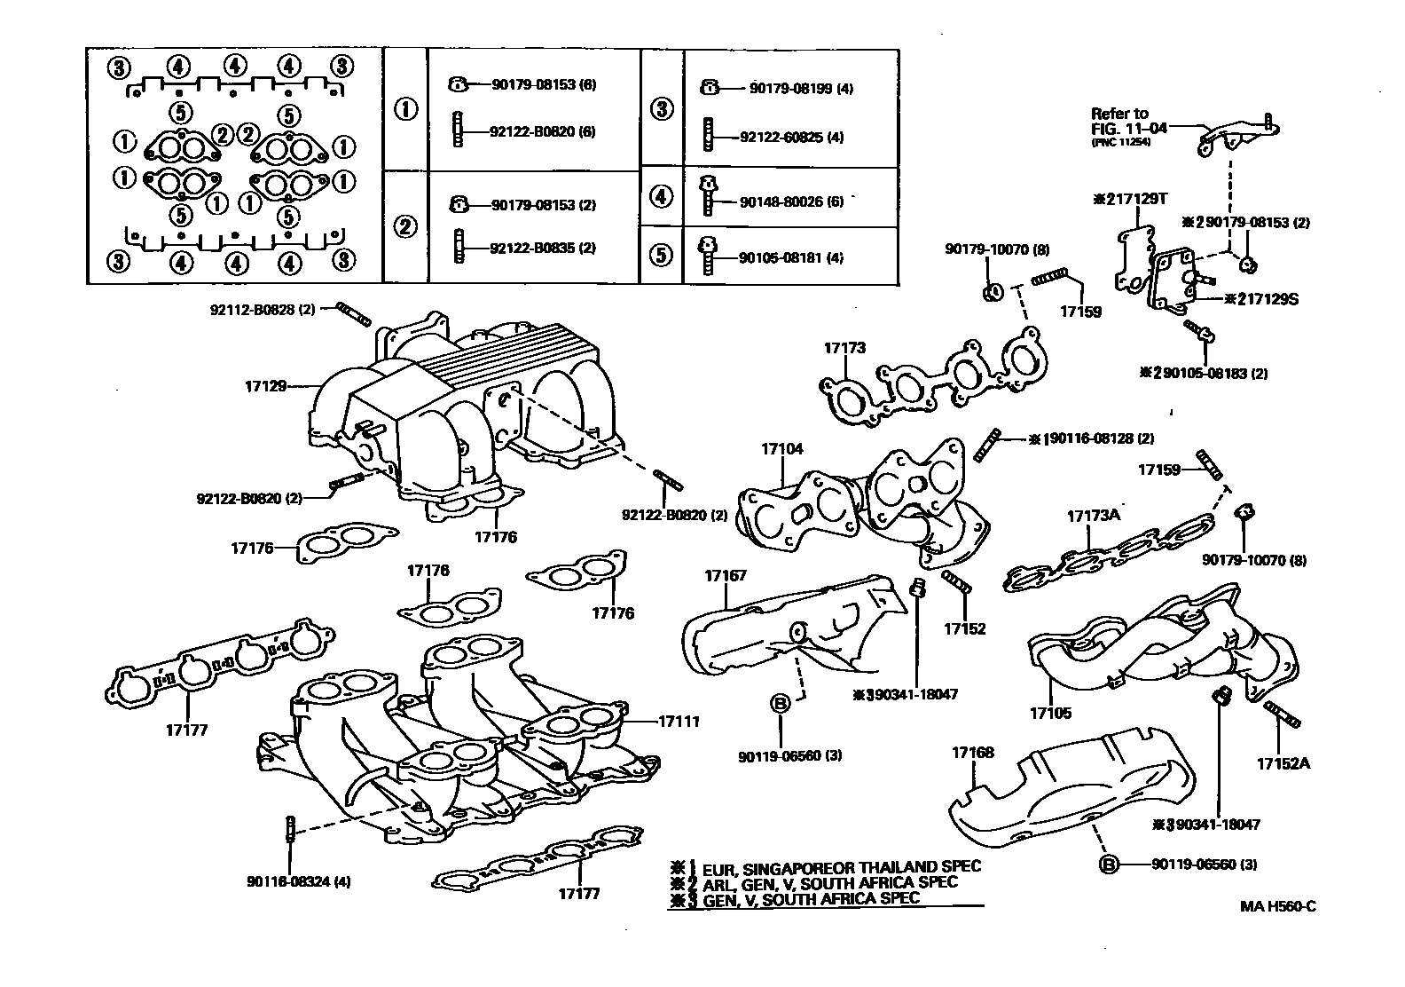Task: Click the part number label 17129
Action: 265,386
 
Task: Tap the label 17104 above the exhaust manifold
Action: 781,449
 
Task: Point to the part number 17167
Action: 726,576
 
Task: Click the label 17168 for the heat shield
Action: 973,753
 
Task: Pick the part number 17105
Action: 1050,712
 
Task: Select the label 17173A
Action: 1093,516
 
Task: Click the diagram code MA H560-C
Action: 1277,906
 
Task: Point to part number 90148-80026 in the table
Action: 778,202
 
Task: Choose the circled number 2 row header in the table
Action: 405,226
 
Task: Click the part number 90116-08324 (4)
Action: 299,881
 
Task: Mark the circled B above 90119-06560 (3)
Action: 780,704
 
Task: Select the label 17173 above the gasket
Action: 844,349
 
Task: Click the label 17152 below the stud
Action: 965,628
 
